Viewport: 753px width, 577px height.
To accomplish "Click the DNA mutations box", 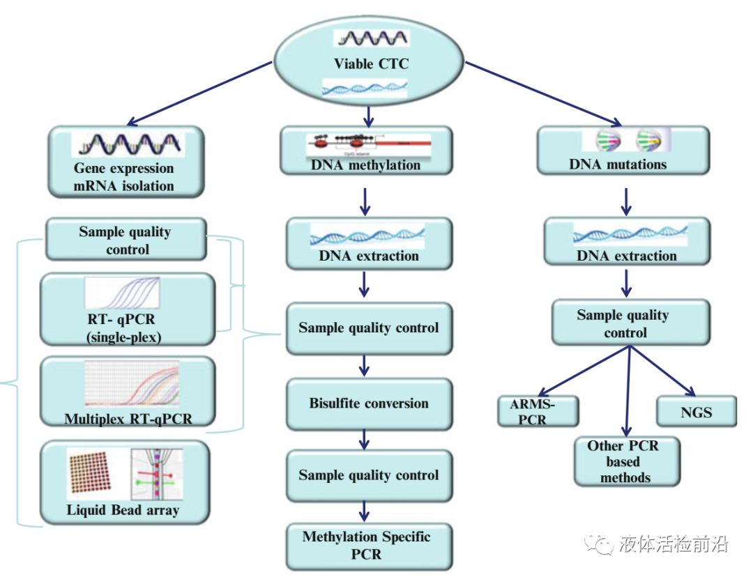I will [x=622, y=151].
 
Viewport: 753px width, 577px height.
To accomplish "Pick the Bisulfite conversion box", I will [x=369, y=403].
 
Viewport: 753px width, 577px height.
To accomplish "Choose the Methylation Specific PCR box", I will [x=369, y=546].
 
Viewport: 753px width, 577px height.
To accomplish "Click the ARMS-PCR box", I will [x=538, y=412].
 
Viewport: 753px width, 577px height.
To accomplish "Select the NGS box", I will [x=696, y=411].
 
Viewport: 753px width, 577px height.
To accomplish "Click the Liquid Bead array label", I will [x=123, y=510].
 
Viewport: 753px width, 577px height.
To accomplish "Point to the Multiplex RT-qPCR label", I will [x=128, y=419].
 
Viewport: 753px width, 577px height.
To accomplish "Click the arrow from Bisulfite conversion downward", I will [x=365, y=437].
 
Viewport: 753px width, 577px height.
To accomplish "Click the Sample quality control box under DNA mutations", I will [x=622, y=323].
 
